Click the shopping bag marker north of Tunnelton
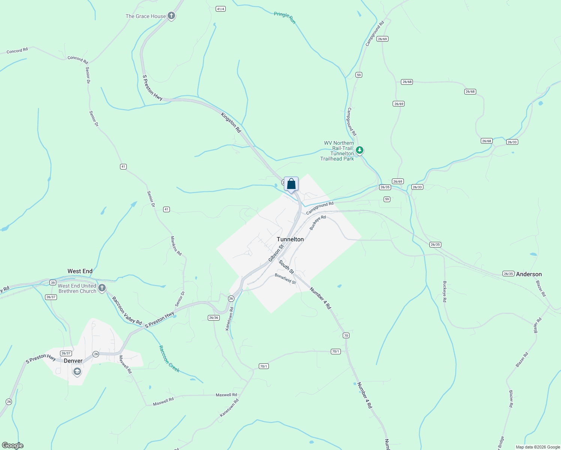pyautogui.click(x=291, y=184)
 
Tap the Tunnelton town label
pyautogui.click(x=290, y=239)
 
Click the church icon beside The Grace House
pyautogui.click(x=171, y=16)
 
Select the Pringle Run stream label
pyautogui.click(x=285, y=18)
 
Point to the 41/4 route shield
pyautogui.click(x=220, y=9)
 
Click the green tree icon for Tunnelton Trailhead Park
pyautogui.click(x=360, y=150)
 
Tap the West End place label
pyautogui.click(x=80, y=271)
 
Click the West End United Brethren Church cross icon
pyautogui.click(x=102, y=288)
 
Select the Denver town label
pyautogui.click(x=73, y=361)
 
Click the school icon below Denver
pyautogui.click(x=77, y=372)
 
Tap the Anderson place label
pyautogui.click(x=529, y=274)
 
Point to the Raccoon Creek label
pyautogui.click(x=169, y=359)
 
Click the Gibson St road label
pyautogui.click(x=276, y=253)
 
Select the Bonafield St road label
pyautogui.click(x=285, y=279)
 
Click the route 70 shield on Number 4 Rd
pyautogui.click(x=346, y=335)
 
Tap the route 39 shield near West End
pyautogui.click(x=53, y=282)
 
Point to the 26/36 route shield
pyautogui.click(x=213, y=318)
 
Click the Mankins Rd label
pyautogui.click(x=176, y=246)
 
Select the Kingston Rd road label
pyautogui.click(x=231, y=122)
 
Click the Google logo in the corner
pyautogui.click(x=13, y=445)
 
